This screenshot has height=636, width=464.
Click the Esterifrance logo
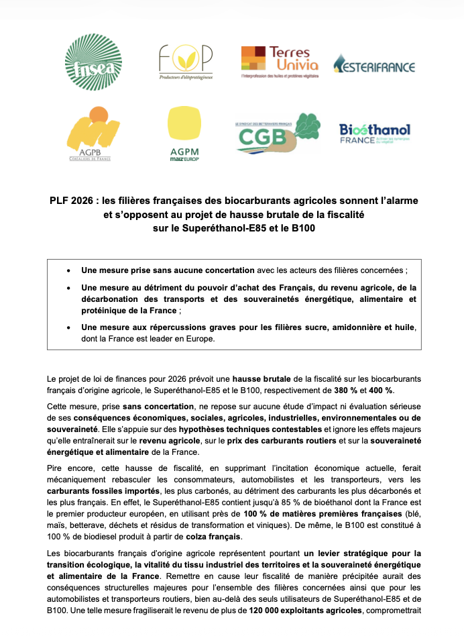374,66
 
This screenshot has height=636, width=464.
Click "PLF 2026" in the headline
70,202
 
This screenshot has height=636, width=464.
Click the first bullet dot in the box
69,270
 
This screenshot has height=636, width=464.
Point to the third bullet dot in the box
69,327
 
